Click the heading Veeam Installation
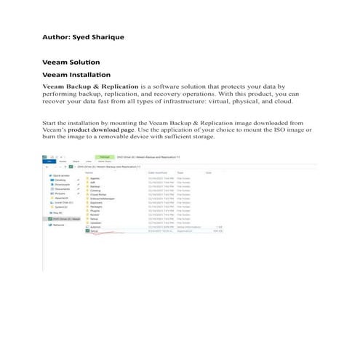(x=76, y=75)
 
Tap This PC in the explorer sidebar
(x=55, y=212)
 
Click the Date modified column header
(x=156, y=172)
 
